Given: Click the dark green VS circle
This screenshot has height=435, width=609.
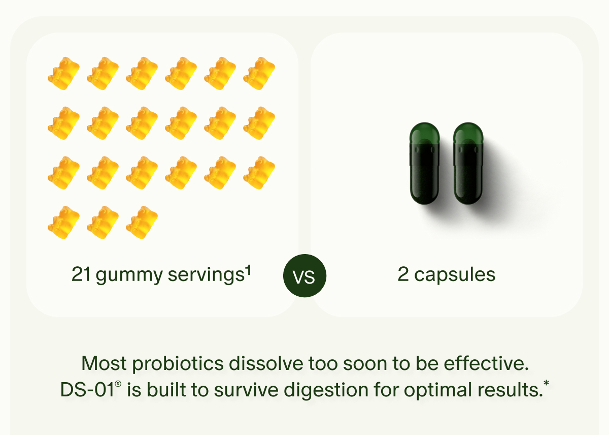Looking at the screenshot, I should [304, 277].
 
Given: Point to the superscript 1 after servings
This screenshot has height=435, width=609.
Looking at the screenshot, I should [248, 270].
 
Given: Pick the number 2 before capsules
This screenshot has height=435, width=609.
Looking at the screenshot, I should [403, 275].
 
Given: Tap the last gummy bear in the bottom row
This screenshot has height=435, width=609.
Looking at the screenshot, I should [142, 223].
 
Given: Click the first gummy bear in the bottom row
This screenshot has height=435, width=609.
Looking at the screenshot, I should [64, 223].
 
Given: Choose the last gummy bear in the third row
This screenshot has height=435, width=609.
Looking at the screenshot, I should [259, 173].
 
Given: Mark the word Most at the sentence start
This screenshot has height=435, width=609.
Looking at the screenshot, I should [104, 364].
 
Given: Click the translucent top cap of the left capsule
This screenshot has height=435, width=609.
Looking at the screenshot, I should [424, 133].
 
